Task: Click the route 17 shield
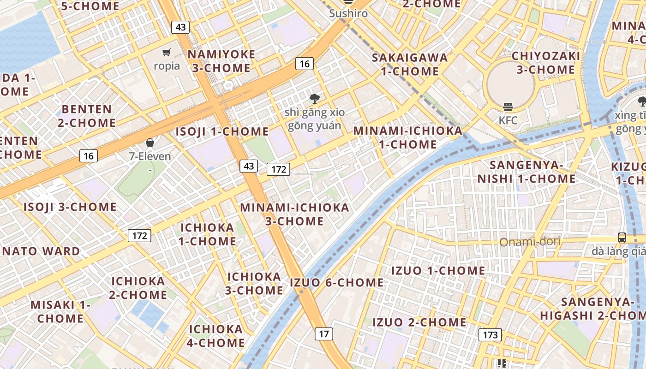tap(324, 333)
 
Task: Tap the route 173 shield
tap(490, 334)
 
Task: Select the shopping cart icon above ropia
tap(167, 53)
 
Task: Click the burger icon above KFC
tap(508, 107)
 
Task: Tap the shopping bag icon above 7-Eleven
tap(150, 143)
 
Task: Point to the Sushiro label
tap(348, 13)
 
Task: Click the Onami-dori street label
tap(530, 242)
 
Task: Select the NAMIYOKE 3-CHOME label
tap(221, 61)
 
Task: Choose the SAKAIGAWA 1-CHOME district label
tap(410, 65)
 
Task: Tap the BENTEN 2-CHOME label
tap(87, 116)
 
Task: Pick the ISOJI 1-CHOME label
tap(222, 131)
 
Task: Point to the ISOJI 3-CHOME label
tap(70, 207)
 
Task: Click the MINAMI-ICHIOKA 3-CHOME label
tap(294, 214)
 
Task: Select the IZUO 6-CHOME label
tap(336, 282)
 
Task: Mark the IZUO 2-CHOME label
tap(419, 322)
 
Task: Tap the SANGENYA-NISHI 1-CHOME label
tap(526, 172)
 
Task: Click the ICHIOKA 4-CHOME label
tap(216, 336)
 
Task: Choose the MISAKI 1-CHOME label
tap(60, 312)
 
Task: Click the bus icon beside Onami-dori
tap(622, 238)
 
